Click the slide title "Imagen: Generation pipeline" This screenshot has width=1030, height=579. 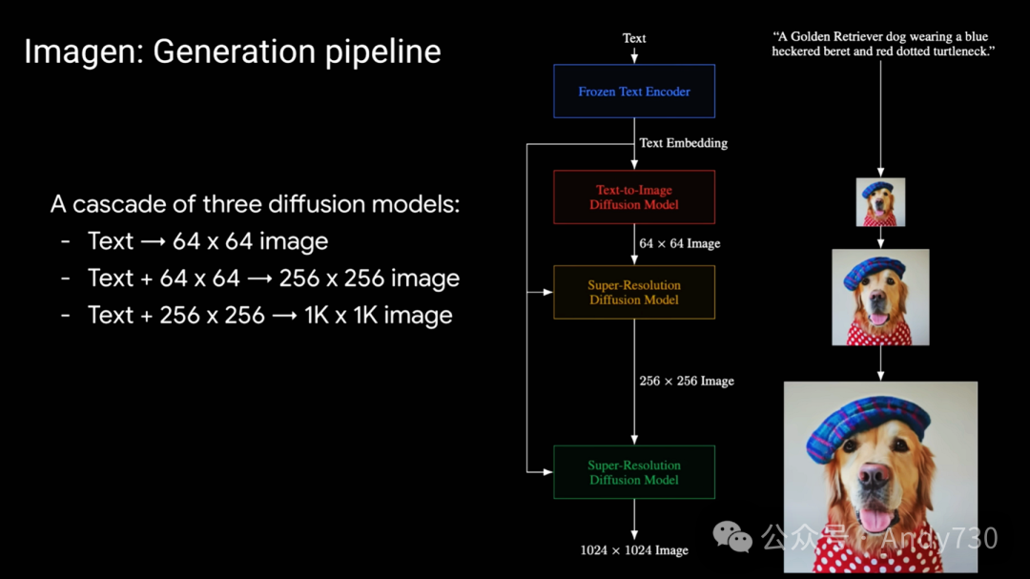tap(232, 51)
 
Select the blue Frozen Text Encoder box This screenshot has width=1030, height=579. tap(634, 92)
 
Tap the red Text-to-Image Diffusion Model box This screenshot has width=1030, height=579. tap(634, 197)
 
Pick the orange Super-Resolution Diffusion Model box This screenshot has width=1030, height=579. tap(634, 292)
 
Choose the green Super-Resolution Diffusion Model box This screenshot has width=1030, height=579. tap(634, 472)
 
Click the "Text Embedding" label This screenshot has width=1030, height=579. tap(683, 143)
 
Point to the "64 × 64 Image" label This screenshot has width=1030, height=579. tap(679, 243)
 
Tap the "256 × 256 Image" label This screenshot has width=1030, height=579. tap(686, 381)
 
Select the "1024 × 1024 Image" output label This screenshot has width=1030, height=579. tap(634, 550)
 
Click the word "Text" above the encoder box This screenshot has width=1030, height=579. tap(634, 38)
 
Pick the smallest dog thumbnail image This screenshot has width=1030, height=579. tap(880, 202)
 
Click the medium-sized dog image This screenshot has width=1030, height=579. tap(880, 297)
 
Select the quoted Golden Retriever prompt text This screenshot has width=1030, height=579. tap(883, 44)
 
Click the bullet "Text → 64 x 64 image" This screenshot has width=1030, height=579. tap(207, 241)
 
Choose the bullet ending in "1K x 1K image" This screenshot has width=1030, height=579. tap(269, 315)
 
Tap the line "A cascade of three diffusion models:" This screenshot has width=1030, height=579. tap(255, 204)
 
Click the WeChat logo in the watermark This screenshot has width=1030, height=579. tap(733, 537)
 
